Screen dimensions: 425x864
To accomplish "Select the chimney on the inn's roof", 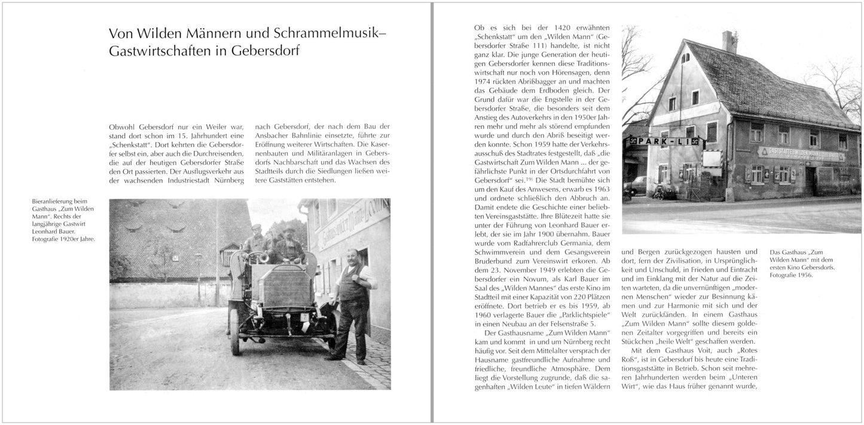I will point(729,41).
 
